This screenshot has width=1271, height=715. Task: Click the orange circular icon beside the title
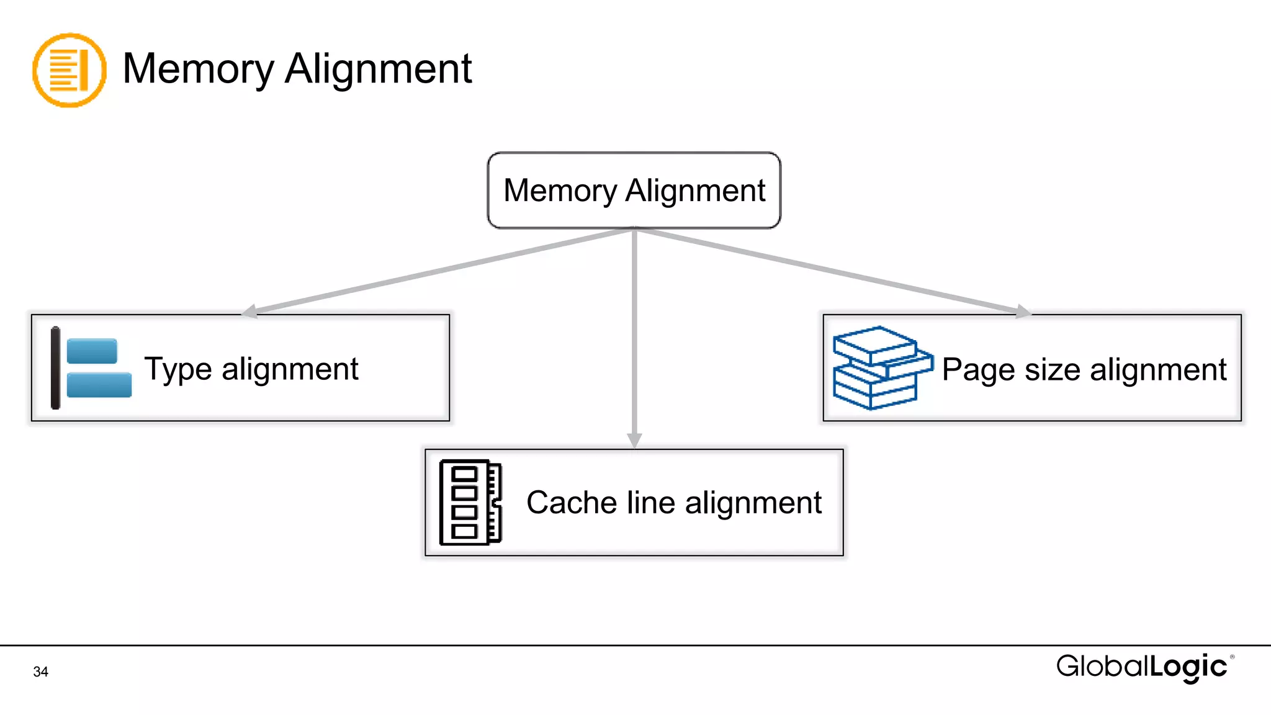(x=69, y=70)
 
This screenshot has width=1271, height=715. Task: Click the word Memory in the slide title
(x=198, y=69)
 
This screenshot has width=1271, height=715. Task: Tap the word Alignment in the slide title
(x=378, y=69)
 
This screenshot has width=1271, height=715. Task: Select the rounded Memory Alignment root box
(x=634, y=191)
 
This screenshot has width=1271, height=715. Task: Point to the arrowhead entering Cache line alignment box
(x=634, y=439)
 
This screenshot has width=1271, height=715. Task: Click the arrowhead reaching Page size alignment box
(x=1022, y=311)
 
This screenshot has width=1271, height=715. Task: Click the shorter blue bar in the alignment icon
(x=92, y=351)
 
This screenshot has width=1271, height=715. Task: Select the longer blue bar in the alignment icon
(x=99, y=384)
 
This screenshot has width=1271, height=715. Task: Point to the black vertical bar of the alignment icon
(x=55, y=368)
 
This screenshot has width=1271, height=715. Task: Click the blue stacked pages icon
(x=881, y=368)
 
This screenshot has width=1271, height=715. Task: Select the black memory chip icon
(x=470, y=502)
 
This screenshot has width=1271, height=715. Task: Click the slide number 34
(x=40, y=672)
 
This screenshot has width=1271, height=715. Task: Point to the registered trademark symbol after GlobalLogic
(x=1232, y=657)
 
